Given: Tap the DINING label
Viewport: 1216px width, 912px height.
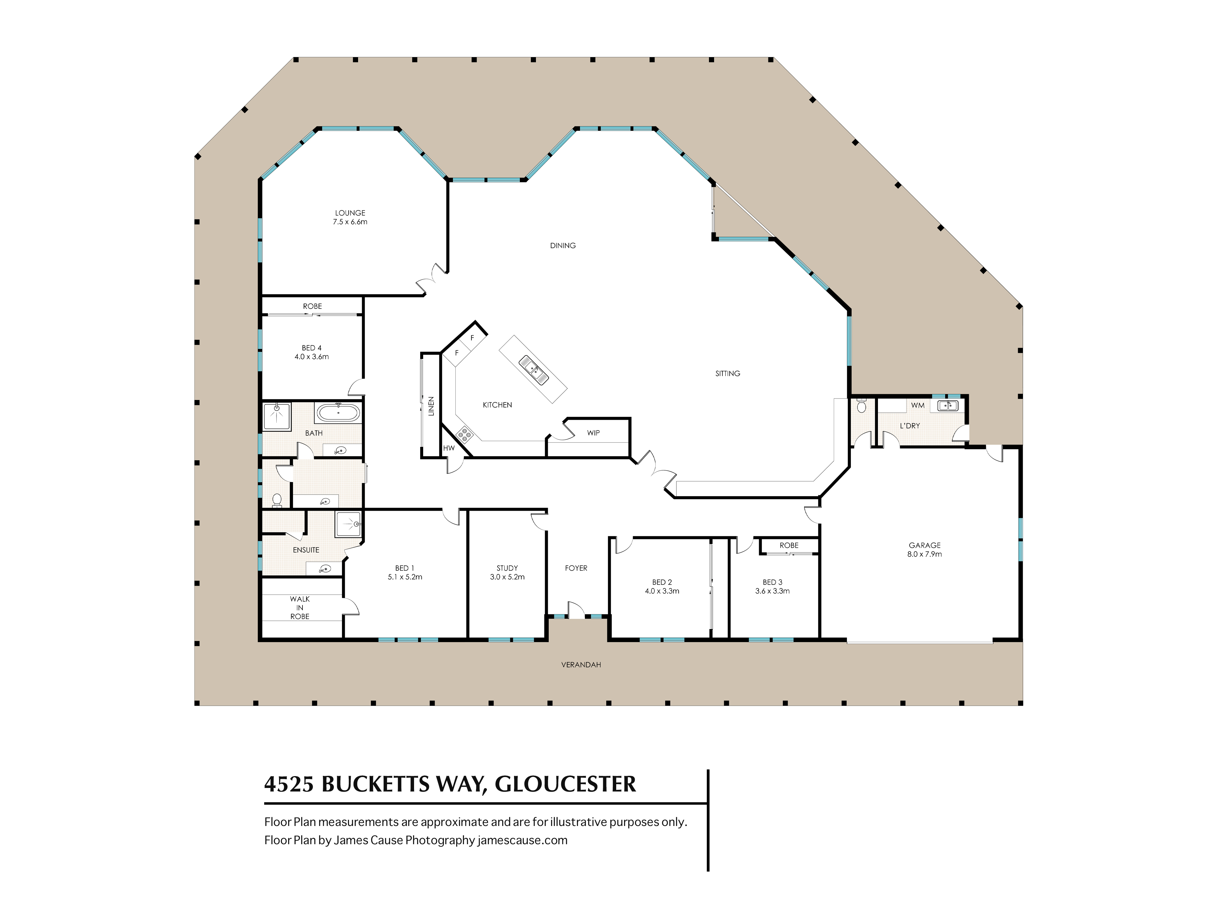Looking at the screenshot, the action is coord(563,246).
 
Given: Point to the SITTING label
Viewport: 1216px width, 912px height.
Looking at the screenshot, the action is coord(728,373).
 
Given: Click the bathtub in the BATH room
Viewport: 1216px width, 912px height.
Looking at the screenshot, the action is coord(337,412).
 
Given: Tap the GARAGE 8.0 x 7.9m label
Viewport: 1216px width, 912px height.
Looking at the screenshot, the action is coord(925,550).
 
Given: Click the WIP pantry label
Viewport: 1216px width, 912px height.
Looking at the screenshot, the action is coord(593,433).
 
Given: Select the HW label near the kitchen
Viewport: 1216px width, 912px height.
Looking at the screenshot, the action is coord(449,448).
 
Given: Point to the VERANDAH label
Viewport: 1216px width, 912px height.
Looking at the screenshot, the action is coord(581,665).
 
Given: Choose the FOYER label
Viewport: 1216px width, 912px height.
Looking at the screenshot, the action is coord(576,568).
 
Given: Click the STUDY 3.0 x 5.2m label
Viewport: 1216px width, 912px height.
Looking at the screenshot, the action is coord(507,572).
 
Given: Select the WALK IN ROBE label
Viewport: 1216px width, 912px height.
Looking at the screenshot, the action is coord(300,607).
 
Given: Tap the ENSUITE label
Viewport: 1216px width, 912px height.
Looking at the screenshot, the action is coord(306,550).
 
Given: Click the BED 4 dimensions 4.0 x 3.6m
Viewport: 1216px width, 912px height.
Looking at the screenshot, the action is coord(312,357).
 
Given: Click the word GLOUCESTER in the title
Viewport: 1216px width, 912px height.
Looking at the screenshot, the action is coord(565,784).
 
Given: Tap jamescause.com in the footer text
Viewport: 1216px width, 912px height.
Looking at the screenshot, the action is coord(522,840).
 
